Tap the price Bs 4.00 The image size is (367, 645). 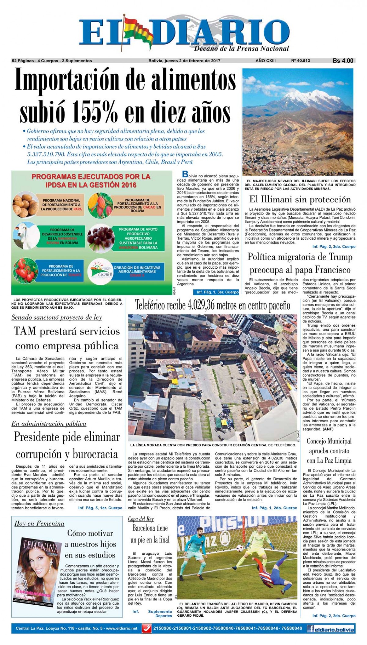coord(343,61)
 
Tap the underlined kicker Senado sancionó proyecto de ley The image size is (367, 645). coord(57,317)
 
